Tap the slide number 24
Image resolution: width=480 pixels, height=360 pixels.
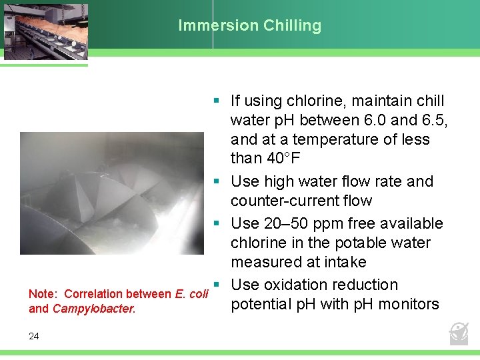click(x=34, y=336)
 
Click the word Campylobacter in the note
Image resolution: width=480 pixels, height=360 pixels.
click(x=93, y=309)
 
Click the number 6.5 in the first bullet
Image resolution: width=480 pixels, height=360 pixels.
click(x=434, y=121)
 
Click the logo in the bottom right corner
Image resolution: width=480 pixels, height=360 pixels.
click(x=459, y=331)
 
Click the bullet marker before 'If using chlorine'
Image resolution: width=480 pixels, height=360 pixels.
click(x=217, y=101)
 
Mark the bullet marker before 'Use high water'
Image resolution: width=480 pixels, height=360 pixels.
click(x=217, y=181)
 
